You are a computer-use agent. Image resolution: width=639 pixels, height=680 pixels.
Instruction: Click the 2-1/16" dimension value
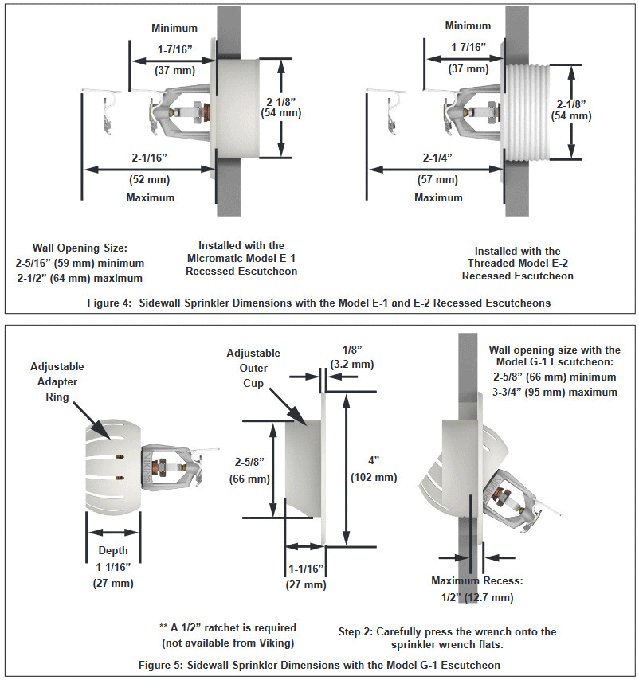point(149,158)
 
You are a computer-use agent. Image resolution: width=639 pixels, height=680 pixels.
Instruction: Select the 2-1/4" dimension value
point(437,158)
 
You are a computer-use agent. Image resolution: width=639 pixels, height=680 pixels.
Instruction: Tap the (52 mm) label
point(149,179)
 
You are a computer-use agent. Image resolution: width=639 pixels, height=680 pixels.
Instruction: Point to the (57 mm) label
point(437,179)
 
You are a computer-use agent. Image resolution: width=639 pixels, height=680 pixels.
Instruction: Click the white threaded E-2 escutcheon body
point(524,112)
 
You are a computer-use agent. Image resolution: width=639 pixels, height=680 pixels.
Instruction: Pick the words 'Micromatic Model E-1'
point(241,258)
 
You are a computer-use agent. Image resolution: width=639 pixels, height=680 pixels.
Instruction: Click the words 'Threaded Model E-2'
point(518,263)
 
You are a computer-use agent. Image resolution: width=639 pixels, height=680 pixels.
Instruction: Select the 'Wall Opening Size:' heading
point(80,248)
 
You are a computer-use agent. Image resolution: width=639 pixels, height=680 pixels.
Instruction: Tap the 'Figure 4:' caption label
point(109,303)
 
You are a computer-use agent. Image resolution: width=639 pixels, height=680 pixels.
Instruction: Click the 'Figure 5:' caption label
point(160,665)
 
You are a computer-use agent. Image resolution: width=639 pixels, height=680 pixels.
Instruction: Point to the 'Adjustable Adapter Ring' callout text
point(57,381)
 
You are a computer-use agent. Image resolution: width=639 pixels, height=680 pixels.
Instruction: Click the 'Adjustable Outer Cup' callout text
point(253,368)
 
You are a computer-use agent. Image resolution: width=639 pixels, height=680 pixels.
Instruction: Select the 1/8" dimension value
point(352,349)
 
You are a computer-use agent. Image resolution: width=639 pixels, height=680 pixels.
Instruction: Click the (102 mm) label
point(374,478)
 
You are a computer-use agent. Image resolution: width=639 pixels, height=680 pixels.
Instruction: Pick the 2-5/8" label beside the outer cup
point(249,462)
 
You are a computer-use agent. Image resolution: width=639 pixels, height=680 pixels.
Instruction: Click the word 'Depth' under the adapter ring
point(113,551)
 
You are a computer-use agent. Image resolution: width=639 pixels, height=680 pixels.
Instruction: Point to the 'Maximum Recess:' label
point(477,580)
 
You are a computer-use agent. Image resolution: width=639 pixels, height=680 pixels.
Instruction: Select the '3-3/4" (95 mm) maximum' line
point(555,392)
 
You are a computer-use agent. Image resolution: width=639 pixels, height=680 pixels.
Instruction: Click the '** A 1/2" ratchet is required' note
point(228,627)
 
